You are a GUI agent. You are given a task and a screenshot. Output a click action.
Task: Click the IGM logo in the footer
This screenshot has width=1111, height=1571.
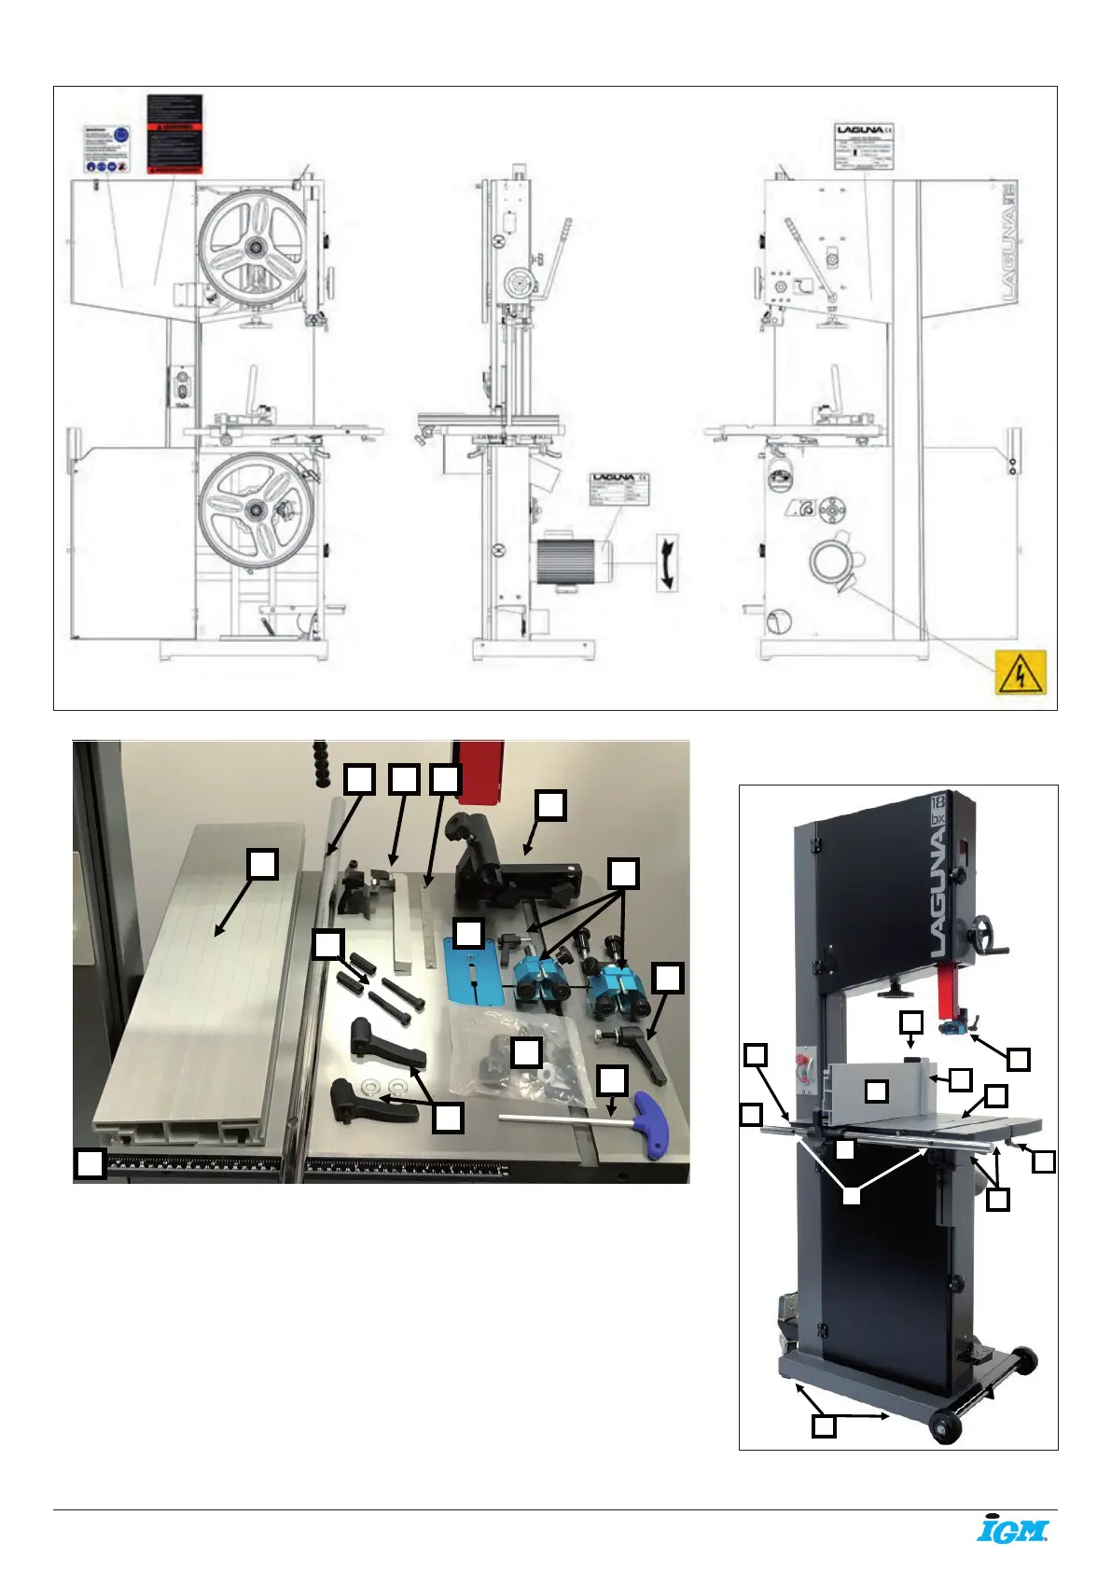click(1012, 1530)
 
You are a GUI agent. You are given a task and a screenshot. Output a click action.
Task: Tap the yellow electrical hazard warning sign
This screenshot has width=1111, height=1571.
click(1021, 673)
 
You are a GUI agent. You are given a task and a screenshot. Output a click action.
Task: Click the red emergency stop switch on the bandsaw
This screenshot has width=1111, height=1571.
click(801, 1062)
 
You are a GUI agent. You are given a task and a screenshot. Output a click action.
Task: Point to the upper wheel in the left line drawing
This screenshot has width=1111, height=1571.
click(254, 246)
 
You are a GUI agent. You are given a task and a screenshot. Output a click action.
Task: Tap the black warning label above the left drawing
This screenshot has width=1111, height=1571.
click(174, 133)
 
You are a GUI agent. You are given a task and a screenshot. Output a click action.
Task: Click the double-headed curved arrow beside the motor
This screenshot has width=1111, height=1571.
click(666, 563)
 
